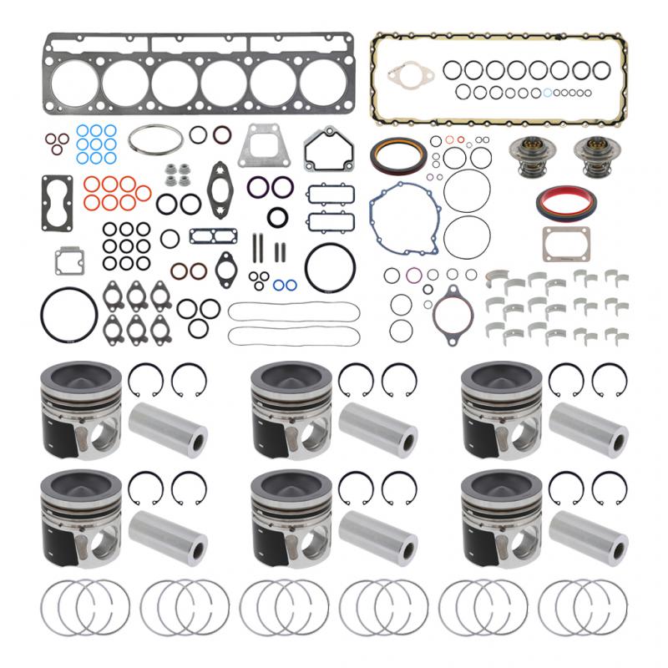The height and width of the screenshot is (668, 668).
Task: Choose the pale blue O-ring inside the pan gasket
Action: tap(547, 93)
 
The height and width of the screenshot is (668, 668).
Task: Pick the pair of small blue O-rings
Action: tap(283, 285)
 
